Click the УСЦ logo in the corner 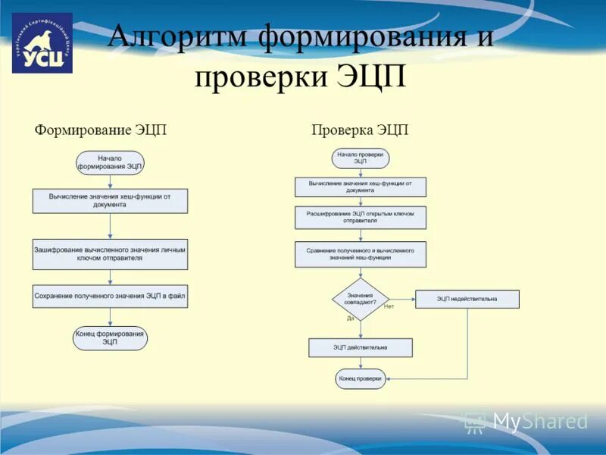click(42, 43)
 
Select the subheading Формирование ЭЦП click(101, 130)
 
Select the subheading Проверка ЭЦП click(360, 130)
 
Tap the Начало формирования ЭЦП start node click(110, 162)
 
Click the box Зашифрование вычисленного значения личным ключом click(110, 254)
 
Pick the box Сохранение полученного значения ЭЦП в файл click(110, 296)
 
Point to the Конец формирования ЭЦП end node click(110, 338)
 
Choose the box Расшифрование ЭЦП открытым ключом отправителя click(361, 218)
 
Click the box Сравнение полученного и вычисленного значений click(361, 254)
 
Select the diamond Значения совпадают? click(361, 299)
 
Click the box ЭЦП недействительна click(467, 299)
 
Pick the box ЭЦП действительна click(361, 347)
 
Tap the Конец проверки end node click(361, 378)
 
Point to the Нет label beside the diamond click(389, 306)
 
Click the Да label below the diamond click(351, 318)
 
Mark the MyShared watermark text click(540, 422)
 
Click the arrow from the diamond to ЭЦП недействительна click(402, 299)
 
